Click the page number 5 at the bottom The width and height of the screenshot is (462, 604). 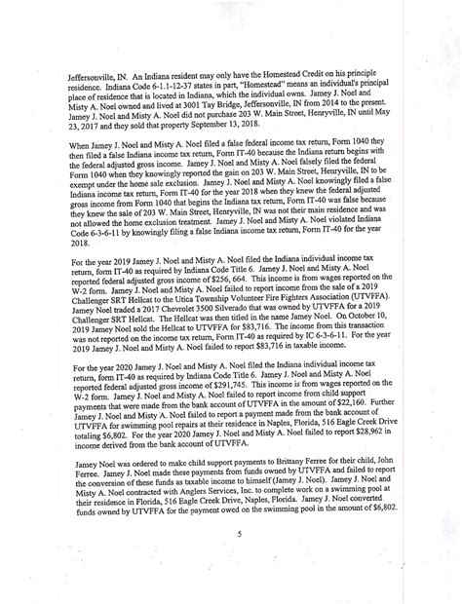(238, 532)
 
